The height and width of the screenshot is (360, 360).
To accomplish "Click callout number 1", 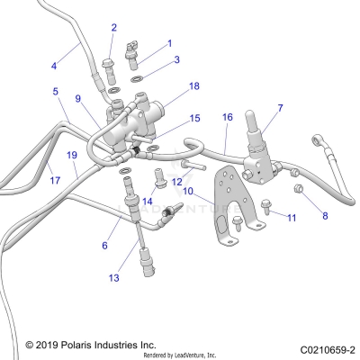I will pos(169,42).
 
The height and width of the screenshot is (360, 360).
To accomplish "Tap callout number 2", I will pos(113,28).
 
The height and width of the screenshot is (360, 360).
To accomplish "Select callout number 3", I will pos(176,59).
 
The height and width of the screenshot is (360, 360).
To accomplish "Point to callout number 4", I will pos(53,65).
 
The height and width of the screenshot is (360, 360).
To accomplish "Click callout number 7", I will pos(280,108).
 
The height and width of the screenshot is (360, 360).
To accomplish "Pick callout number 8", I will pos(325,216).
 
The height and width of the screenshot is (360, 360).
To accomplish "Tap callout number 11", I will pos(291,217).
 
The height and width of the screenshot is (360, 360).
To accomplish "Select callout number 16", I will pos(227,117).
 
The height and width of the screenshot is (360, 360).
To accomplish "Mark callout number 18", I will pos(193,86).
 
